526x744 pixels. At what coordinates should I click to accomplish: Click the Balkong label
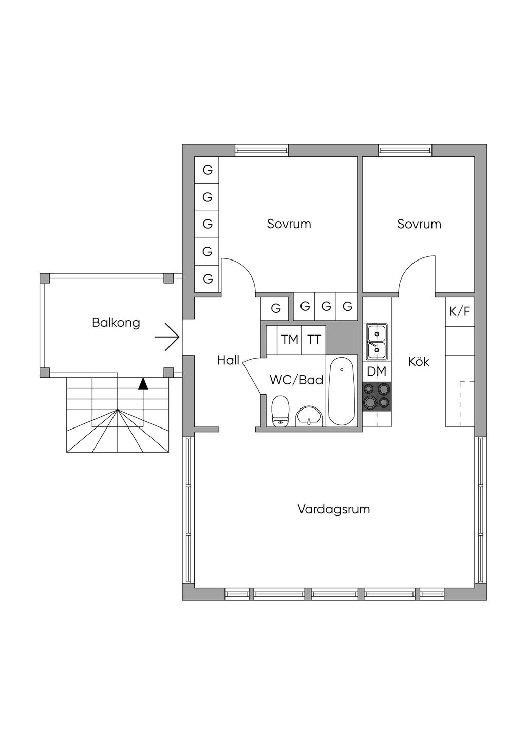coord(116,323)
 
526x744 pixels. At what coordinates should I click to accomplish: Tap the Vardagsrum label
coord(334,509)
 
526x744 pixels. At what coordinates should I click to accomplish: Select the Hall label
coord(228,360)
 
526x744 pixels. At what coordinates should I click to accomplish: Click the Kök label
coord(419,361)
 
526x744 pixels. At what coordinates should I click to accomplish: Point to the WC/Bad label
coord(296,380)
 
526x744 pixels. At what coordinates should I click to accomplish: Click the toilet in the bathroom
coord(280,411)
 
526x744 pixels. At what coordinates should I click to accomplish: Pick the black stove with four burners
coord(377,396)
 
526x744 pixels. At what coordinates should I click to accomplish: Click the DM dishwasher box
coord(377,371)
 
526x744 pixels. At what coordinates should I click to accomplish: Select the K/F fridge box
coord(460,311)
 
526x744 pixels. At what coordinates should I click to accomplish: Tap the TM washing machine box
coord(290,340)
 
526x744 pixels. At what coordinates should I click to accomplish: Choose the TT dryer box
coord(314,340)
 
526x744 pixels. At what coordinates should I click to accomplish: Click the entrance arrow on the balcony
coord(167,337)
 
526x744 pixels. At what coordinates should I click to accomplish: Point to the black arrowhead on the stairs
coord(143,383)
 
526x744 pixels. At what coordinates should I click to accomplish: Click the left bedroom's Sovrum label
coord(289,224)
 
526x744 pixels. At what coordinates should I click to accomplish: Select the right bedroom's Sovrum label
coord(419,224)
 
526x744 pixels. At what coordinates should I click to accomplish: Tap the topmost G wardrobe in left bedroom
coord(208,170)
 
